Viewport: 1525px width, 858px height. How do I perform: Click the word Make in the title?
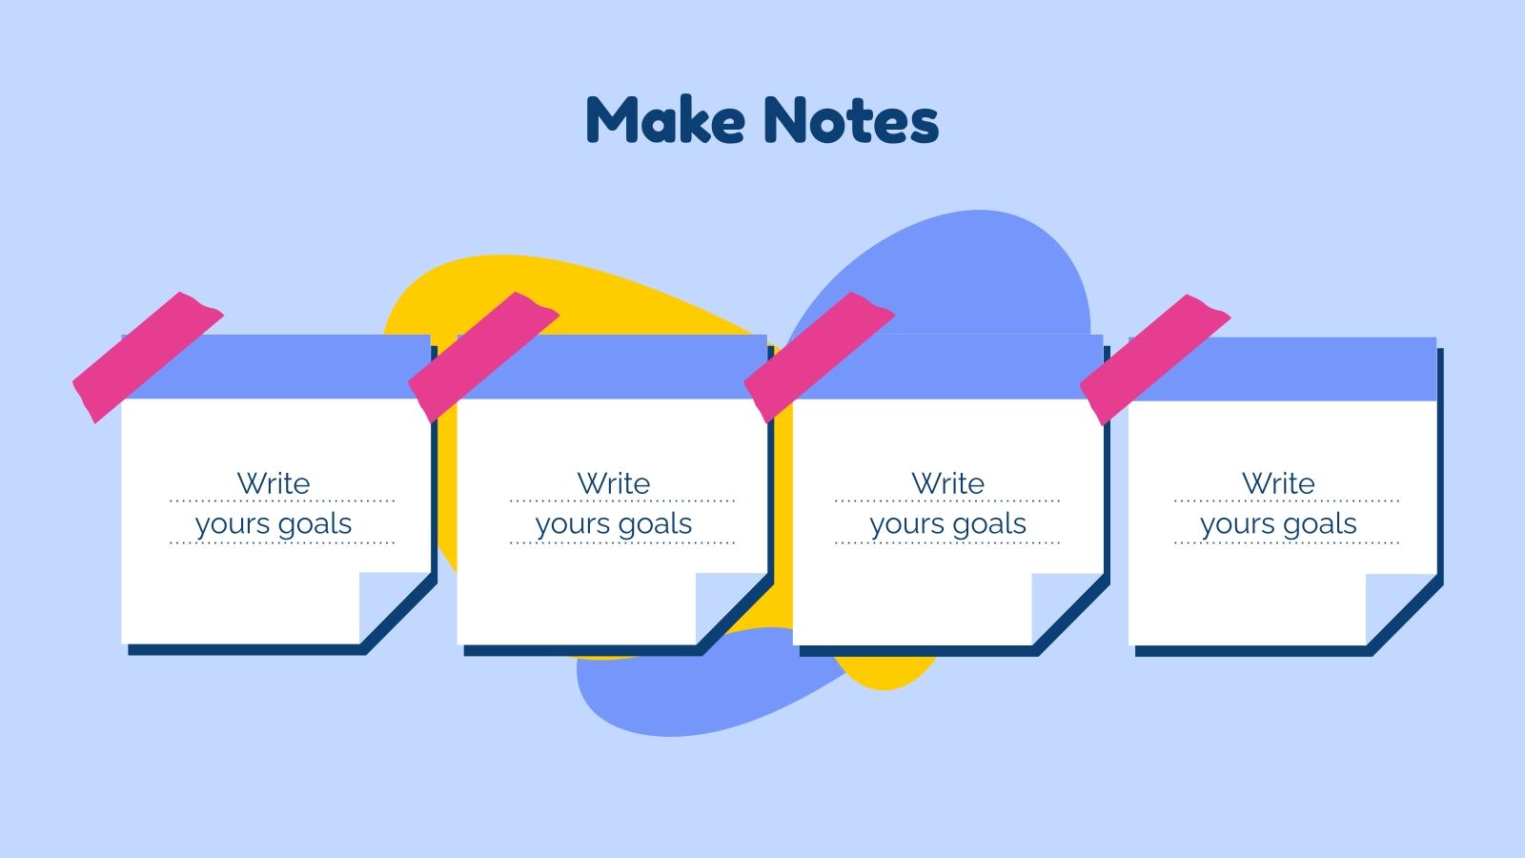click(665, 120)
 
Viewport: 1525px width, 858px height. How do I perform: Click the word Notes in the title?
click(851, 122)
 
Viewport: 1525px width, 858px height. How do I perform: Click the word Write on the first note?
click(274, 483)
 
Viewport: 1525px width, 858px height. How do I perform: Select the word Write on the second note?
click(614, 483)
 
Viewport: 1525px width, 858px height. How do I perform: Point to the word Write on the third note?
click(947, 483)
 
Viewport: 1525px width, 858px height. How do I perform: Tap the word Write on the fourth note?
click(1278, 483)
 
